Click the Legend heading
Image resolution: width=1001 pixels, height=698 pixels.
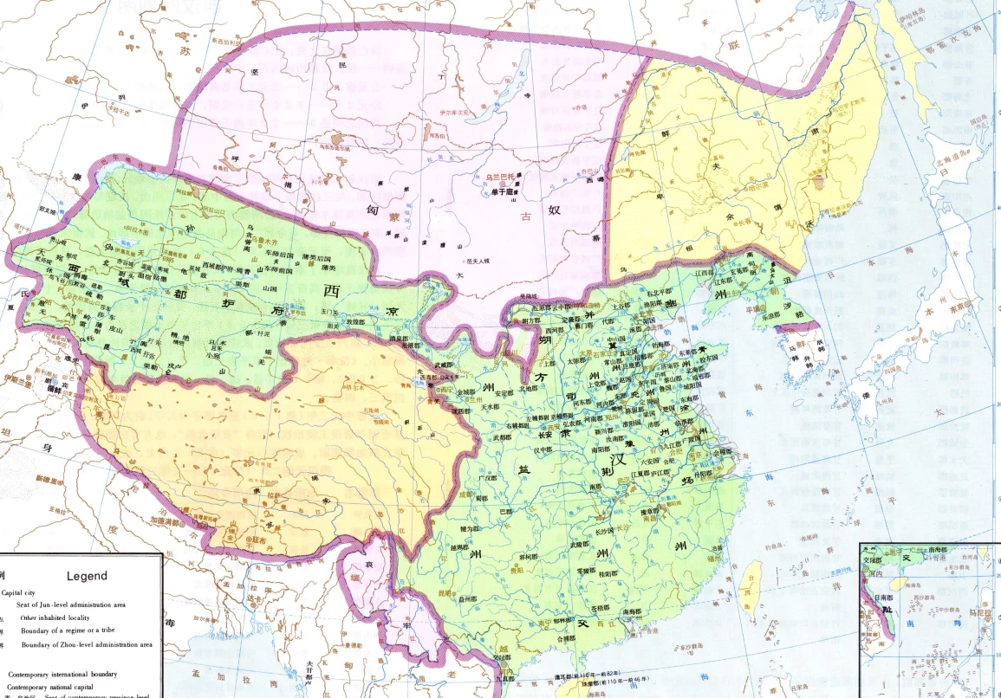point(87,576)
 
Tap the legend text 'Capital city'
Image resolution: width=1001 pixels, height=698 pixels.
point(23,593)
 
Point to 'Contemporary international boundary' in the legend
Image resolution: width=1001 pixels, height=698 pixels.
point(62,673)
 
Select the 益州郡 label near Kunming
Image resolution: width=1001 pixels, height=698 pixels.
point(469,598)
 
